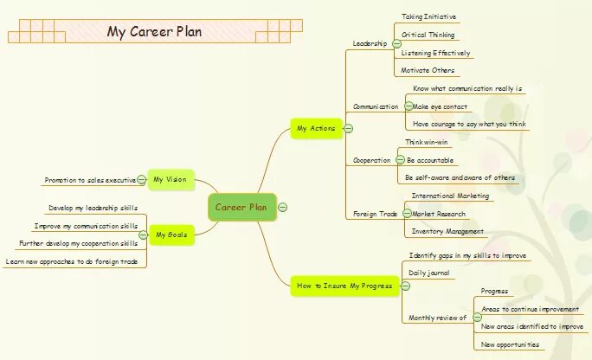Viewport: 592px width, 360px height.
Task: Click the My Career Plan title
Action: [x=154, y=32]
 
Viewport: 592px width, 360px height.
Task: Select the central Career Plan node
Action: [x=241, y=207]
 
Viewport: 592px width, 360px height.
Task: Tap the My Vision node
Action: [x=170, y=180]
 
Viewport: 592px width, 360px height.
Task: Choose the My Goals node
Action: [x=170, y=234]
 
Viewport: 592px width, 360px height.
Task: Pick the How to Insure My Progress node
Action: [x=344, y=286]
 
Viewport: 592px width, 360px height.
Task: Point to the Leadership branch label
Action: [x=370, y=43]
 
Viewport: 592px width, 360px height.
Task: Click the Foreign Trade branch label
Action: [x=375, y=214]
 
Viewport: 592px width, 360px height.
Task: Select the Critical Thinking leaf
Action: [x=428, y=35]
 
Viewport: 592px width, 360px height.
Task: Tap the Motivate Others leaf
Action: [x=427, y=70]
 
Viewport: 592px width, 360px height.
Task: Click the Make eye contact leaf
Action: [x=440, y=106]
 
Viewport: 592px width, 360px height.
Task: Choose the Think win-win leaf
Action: [x=427, y=142]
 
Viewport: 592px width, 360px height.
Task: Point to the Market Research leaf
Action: [x=438, y=214]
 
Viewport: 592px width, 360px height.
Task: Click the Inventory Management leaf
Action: [x=447, y=231]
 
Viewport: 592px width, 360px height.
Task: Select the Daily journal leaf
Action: [x=428, y=273]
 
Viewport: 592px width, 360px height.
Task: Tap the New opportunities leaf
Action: [x=511, y=344]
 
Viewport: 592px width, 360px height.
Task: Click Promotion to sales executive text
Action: [x=89, y=180]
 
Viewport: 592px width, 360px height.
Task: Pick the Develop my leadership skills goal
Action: [x=93, y=208]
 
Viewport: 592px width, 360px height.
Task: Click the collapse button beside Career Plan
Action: [x=283, y=207]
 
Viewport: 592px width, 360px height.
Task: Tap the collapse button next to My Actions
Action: [x=348, y=128]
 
